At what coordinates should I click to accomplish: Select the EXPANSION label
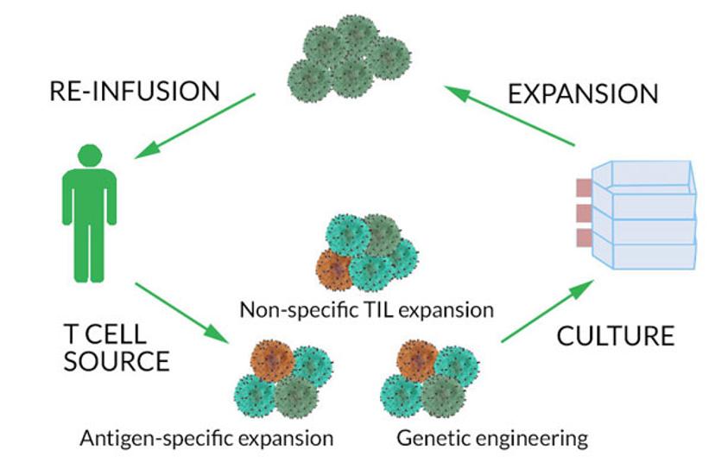click(x=583, y=92)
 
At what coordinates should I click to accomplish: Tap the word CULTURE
click(x=615, y=335)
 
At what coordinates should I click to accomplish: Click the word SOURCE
click(x=117, y=360)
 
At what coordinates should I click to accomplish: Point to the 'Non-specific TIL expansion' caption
click(x=367, y=308)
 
